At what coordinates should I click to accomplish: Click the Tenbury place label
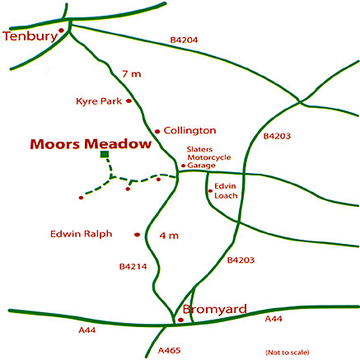tap(30, 37)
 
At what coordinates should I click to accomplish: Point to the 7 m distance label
tap(130, 75)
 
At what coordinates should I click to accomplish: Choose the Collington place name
tap(189, 130)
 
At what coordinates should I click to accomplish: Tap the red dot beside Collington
tap(157, 131)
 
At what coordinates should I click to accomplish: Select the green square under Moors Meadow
tap(104, 154)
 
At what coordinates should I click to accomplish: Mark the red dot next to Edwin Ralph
tap(137, 236)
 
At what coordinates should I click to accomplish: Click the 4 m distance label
tap(169, 236)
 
